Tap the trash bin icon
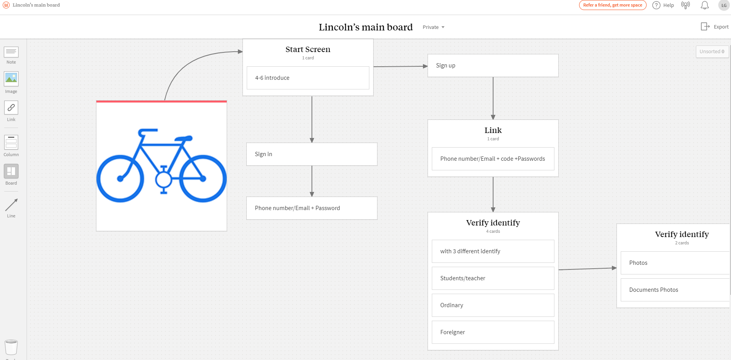click(x=11, y=347)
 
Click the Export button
click(x=714, y=27)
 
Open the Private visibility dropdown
click(x=433, y=27)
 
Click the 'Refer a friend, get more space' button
click(x=613, y=5)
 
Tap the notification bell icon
click(x=705, y=5)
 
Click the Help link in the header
click(x=663, y=5)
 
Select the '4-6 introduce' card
click(x=308, y=78)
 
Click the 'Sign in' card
click(x=312, y=154)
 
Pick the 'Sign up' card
click(x=493, y=66)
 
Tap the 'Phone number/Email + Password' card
click(x=312, y=208)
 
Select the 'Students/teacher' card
click(x=493, y=278)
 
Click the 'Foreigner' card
click(x=493, y=332)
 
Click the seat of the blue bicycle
click(x=184, y=138)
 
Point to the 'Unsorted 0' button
click(x=712, y=52)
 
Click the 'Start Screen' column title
click(x=308, y=49)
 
